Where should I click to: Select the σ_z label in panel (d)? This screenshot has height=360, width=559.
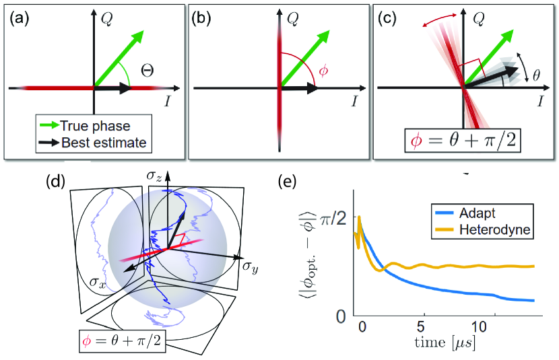click(154, 176)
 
